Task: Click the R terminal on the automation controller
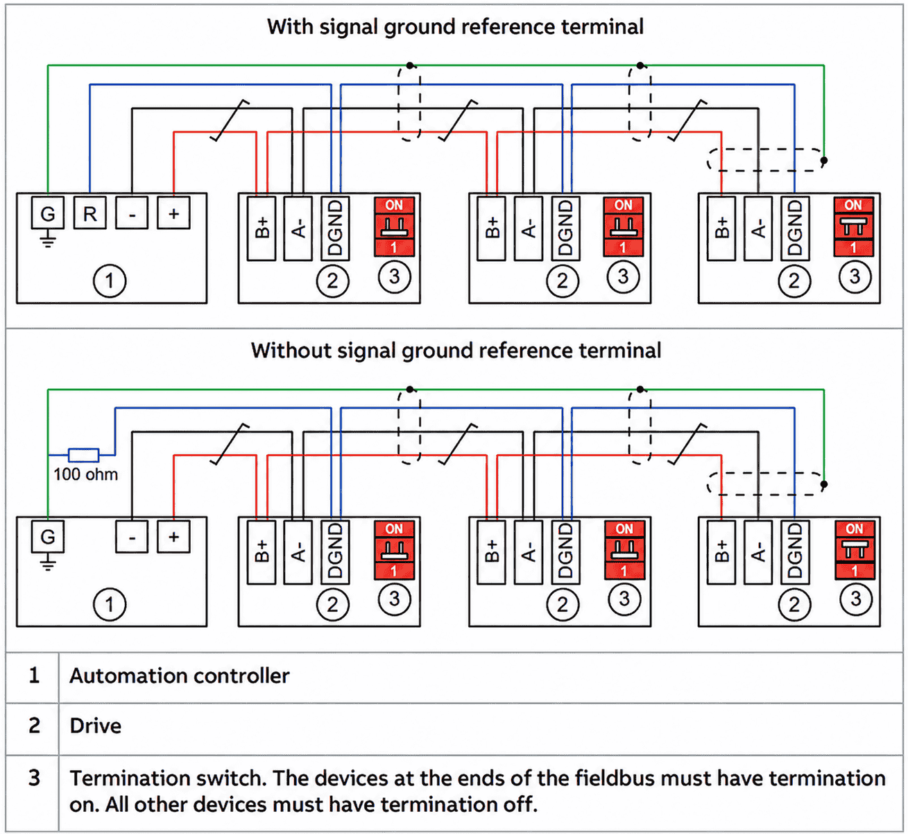(x=89, y=213)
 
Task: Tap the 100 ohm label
(x=85, y=474)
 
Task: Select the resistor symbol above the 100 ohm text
(x=83, y=455)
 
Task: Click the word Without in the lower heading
(x=291, y=351)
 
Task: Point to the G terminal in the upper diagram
(x=48, y=213)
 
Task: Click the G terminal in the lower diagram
(x=48, y=537)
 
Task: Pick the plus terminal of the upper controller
(x=174, y=213)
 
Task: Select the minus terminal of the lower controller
(x=132, y=537)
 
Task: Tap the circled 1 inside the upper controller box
(x=110, y=281)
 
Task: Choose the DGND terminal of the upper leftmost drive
(x=335, y=228)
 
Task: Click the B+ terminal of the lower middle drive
(x=491, y=552)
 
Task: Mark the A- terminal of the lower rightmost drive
(x=758, y=552)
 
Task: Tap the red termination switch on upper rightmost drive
(x=854, y=226)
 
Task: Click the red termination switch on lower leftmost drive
(x=394, y=550)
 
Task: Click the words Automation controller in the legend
(x=180, y=676)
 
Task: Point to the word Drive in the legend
(x=96, y=726)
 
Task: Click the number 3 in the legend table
(x=34, y=778)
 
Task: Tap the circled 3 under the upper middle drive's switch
(x=624, y=276)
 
